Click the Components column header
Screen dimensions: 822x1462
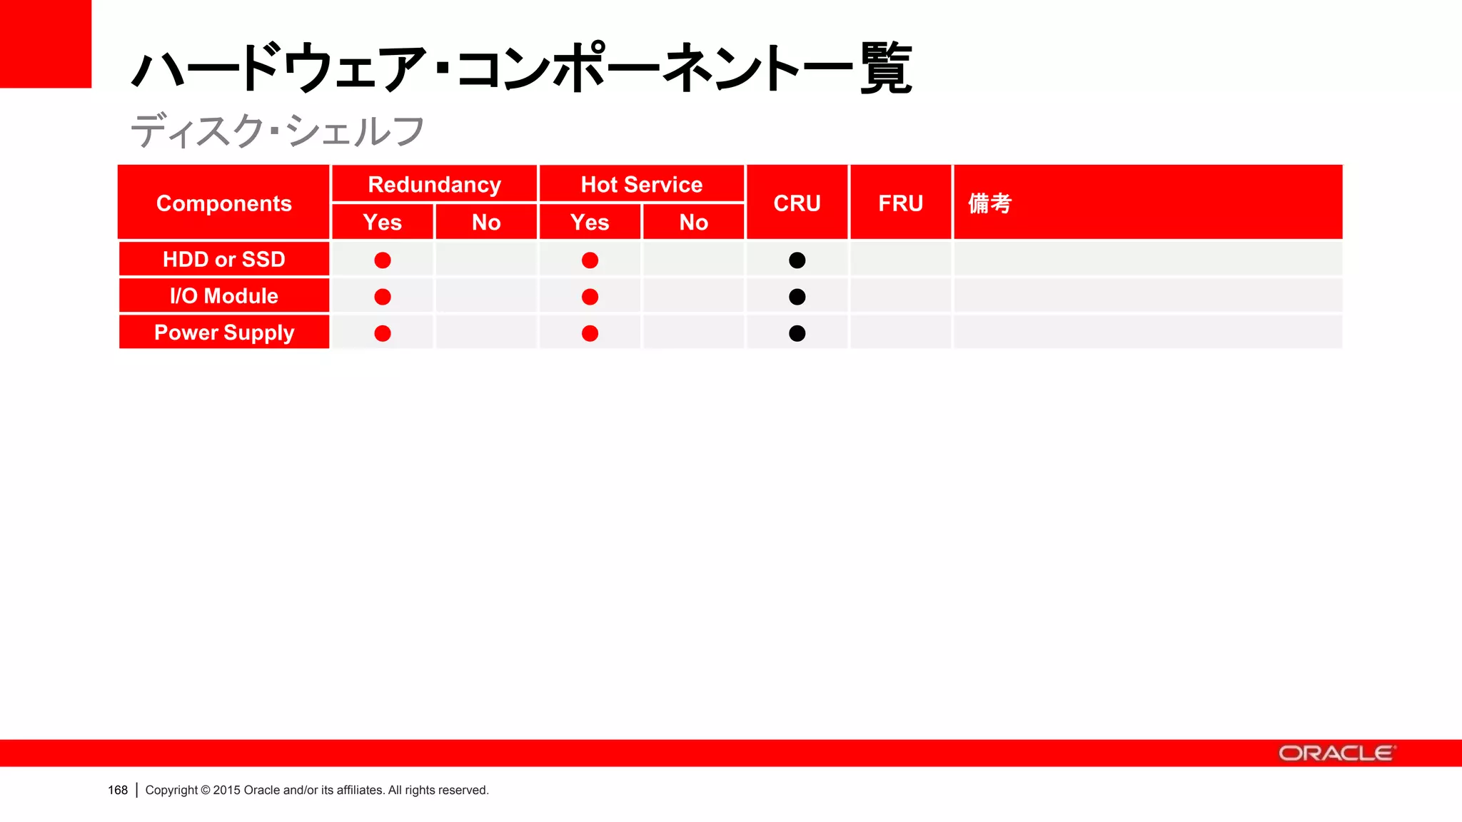click(x=223, y=203)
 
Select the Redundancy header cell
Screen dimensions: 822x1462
click(x=434, y=185)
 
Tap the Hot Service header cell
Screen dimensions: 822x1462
click(x=641, y=185)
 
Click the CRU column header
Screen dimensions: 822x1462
click(x=797, y=203)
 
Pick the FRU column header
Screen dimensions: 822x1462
click(x=900, y=203)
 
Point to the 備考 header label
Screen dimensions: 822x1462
click(x=990, y=203)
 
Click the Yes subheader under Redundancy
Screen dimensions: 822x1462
click(x=383, y=223)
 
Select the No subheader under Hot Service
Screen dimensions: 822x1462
click(x=693, y=223)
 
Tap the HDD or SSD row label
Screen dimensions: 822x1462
click(x=223, y=259)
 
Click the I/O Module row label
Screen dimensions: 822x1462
click(x=223, y=296)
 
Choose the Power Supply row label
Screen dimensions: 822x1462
click(x=223, y=333)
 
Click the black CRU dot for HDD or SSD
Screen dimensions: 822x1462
click(x=797, y=260)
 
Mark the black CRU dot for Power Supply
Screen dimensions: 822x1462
click(x=797, y=333)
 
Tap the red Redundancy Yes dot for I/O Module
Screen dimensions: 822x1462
click(x=383, y=297)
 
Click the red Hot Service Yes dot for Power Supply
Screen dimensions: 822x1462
click(x=590, y=333)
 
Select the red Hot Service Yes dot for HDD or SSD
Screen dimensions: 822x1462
click(x=590, y=260)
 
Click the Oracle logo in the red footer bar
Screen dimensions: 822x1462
click(x=1336, y=753)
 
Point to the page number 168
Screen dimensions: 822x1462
click(x=118, y=790)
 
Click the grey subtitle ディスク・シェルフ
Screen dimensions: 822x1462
click(x=277, y=131)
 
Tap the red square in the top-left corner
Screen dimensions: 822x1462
click(x=45, y=44)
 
